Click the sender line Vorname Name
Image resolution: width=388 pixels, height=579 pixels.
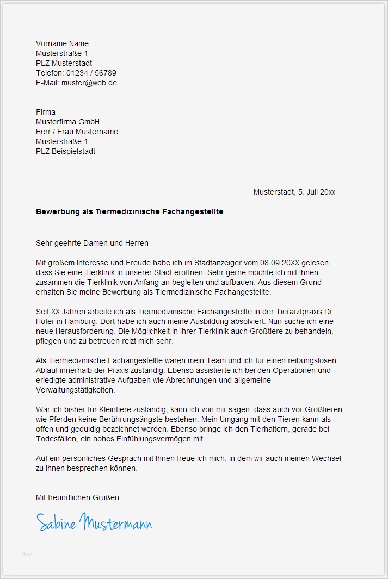click(x=62, y=43)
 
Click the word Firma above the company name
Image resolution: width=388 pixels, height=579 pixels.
click(x=46, y=112)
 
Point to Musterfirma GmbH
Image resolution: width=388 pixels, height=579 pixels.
click(x=67, y=122)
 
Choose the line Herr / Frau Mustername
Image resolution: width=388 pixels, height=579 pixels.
click(x=77, y=132)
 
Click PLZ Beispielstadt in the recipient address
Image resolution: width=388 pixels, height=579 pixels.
click(x=65, y=151)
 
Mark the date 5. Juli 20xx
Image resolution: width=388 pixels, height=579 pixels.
click(x=317, y=192)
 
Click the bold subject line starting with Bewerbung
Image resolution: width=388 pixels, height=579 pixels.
click(x=130, y=211)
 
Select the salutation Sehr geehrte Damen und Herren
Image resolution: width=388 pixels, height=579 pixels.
click(x=92, y=243)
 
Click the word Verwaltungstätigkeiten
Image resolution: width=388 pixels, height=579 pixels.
click(x=76, y=390)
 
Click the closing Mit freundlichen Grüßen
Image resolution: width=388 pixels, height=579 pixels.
click(x=77, y=497)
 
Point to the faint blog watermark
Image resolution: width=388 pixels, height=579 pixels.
click(x=27, y=554)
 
